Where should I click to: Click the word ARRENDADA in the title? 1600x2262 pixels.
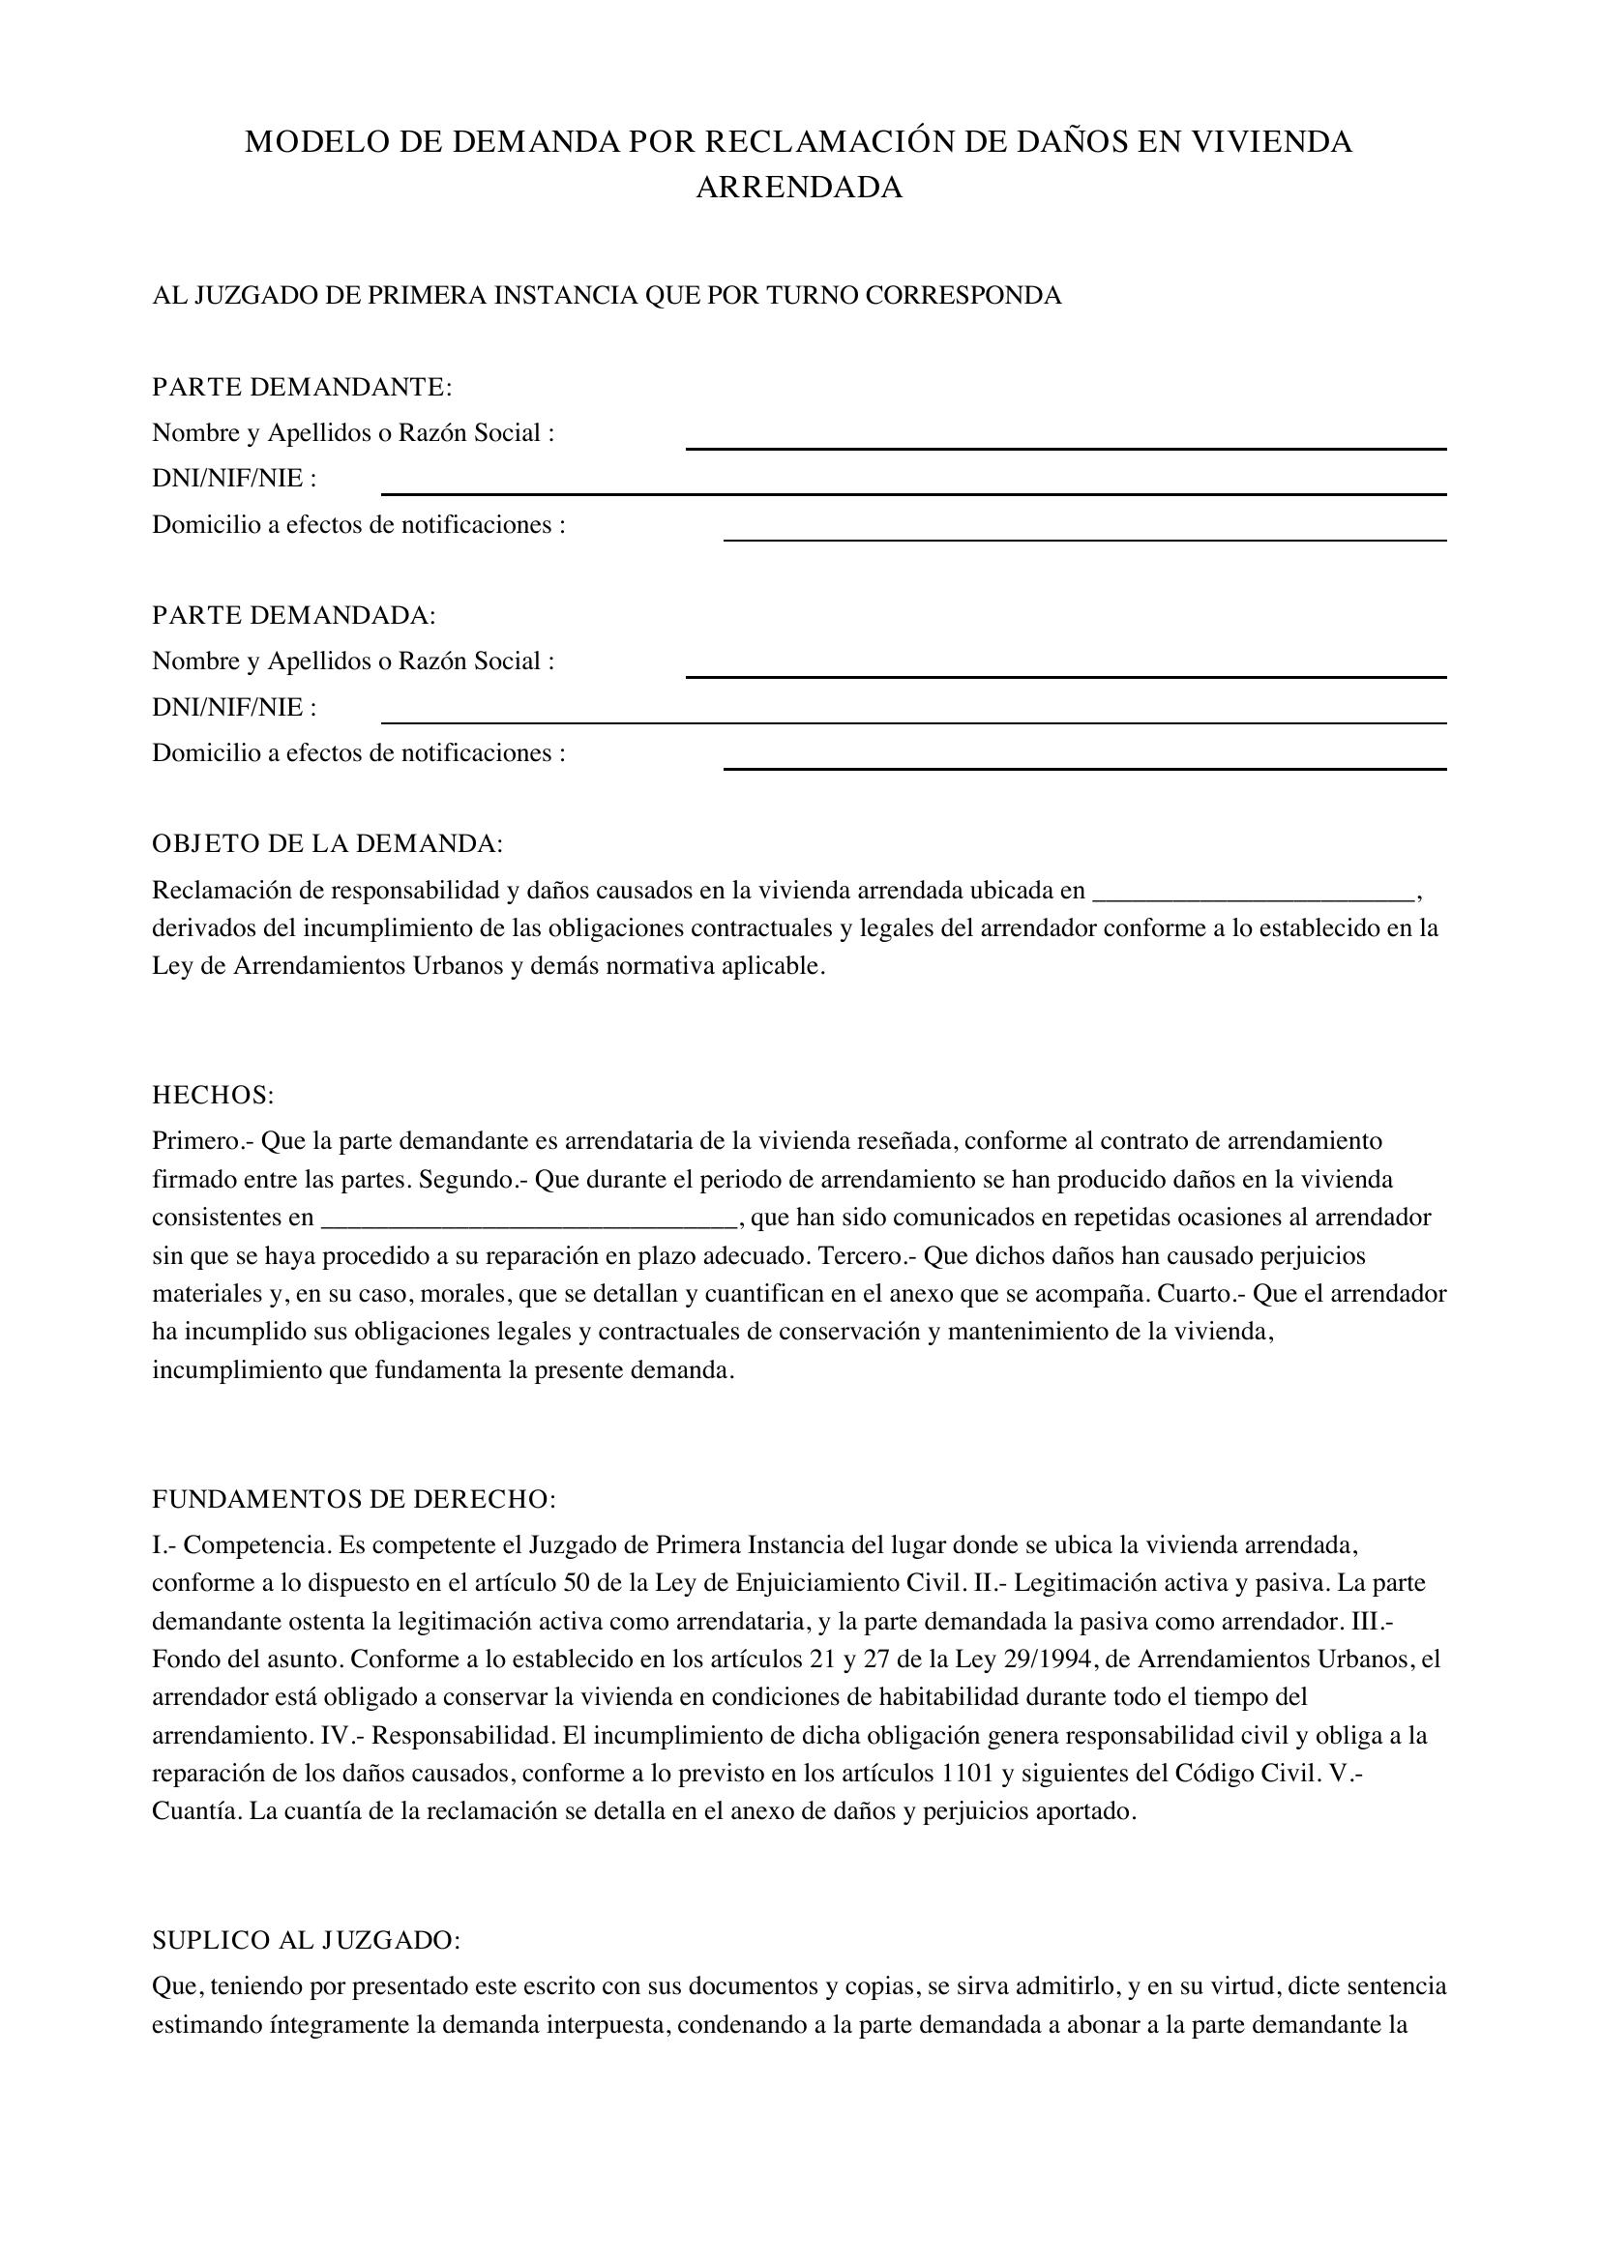799,188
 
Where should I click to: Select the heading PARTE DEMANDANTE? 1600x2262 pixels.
302,387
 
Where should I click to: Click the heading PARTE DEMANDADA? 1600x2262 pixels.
294,616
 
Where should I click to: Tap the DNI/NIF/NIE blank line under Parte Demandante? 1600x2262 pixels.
913,492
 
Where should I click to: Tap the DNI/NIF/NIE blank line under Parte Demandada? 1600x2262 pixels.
913,721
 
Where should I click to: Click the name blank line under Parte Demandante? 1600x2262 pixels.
1066,448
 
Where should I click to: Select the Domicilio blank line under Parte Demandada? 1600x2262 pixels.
1084,768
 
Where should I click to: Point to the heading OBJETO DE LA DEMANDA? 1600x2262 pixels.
327,844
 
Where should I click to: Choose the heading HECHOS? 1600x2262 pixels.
213,1096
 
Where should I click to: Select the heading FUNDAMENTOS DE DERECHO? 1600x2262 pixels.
354,1500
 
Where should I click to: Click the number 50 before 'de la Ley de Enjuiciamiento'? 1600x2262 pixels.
578,1583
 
